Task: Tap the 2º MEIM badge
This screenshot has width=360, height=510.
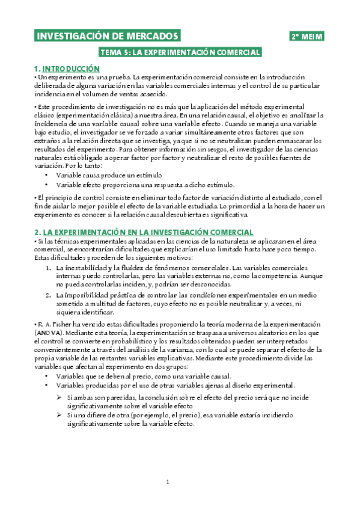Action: [307, 37]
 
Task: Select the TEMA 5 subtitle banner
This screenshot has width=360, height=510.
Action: [180, 52]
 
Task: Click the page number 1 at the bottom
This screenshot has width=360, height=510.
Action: [169, 482]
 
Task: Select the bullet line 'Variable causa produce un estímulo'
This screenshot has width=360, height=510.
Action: [100, 174]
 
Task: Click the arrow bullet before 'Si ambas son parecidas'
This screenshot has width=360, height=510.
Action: [59, 398]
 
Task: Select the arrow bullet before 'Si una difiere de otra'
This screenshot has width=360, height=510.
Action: [59, 415]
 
